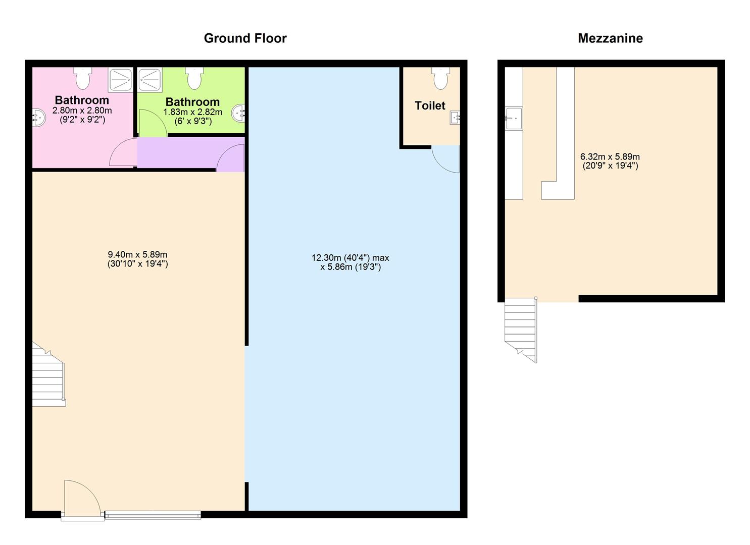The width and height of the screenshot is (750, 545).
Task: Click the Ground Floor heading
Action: [245, 38]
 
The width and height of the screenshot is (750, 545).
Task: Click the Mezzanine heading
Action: [610, 38]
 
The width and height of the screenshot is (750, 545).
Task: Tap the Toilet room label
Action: [430, 105]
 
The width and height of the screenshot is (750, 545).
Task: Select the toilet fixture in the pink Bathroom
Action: [83, 78]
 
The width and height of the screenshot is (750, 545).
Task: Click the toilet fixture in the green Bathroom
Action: [194, 78]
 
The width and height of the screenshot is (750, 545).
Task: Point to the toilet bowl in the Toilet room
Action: [440, 78]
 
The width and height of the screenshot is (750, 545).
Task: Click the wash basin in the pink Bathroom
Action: [38, 118]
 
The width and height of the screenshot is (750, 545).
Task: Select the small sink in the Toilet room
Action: [455, 118]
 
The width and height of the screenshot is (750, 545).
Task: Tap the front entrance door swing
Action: [81, 499]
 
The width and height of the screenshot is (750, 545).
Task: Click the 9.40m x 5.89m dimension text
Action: [137, 259]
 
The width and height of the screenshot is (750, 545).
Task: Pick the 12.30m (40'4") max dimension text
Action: [350, 258]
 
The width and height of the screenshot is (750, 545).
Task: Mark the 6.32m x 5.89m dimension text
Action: [610, 161]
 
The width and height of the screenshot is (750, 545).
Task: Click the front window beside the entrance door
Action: [153, 515]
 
